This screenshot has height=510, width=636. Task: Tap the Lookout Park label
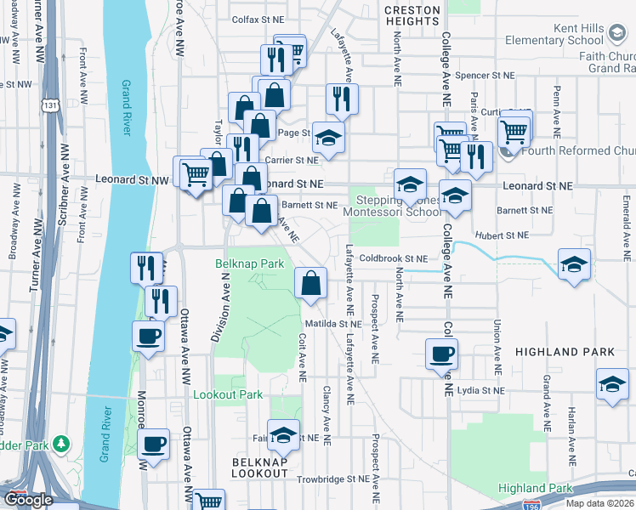coord(228,394)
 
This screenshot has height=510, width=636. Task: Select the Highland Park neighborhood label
coord(553,351)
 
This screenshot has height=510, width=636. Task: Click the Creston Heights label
coord(412,15)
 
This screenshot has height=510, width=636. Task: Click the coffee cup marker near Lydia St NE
coord(442,355)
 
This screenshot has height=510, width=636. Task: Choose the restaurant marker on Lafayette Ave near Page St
coord(342,99)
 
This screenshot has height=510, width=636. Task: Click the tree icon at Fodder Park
coord(61,444)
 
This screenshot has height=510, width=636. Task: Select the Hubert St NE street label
coord(502,235)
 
